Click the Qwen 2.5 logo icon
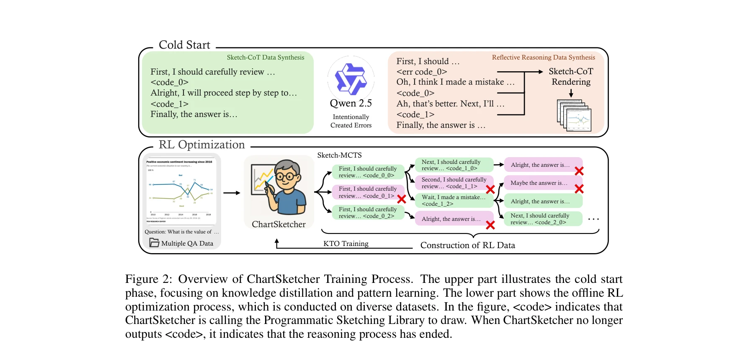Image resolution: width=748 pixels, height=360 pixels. pos(351,79)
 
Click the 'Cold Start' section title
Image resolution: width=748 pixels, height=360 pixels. pos(184,45)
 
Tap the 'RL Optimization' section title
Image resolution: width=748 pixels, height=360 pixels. pos(201,145)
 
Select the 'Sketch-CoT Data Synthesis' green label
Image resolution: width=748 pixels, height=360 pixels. pos(265,57)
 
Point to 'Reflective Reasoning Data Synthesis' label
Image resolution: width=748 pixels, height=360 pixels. pos(543,57)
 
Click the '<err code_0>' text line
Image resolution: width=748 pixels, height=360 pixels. pos(421,72)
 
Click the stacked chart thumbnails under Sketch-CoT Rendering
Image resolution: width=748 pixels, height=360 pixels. pos(574,116)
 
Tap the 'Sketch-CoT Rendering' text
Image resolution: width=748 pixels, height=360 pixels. pos(571,76)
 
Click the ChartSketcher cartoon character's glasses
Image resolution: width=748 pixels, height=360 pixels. pos(286,176)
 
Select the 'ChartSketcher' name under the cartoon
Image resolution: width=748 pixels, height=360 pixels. pos(279,224)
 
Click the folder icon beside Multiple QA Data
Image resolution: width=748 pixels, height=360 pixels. pos(154,243)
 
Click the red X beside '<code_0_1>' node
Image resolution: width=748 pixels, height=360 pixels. pos(401,199)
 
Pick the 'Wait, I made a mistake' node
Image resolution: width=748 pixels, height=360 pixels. pos(454,200)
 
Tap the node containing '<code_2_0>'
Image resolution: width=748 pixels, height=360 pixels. pos(539,219)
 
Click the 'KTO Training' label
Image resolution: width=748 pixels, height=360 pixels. pos(346,243)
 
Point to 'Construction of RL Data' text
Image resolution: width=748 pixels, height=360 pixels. pos(467,245)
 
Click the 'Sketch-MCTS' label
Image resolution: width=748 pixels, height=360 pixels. pos(339,155)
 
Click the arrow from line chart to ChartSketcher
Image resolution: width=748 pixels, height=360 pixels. pos(232,193)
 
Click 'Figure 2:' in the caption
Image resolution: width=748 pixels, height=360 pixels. pos(148,279)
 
